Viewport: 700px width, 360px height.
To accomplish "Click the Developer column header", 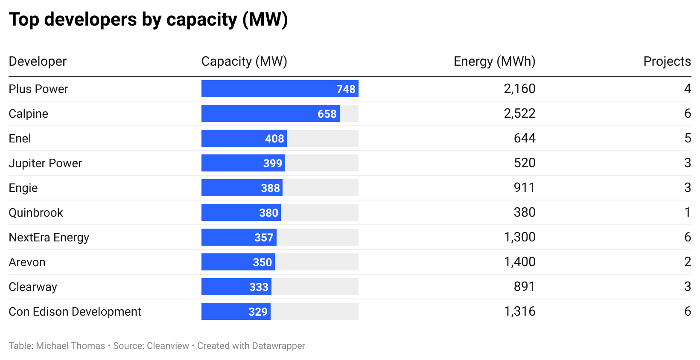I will (38, 61).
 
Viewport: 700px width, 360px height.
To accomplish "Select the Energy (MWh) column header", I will (494, 61).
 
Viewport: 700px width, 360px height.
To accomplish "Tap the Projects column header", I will (667, 61).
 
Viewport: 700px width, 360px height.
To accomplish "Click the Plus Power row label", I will (38, 89).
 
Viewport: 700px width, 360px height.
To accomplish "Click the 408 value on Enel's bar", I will (274, 139).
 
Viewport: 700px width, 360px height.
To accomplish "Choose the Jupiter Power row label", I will (45, 163).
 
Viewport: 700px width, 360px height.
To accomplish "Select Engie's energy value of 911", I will (524, 188).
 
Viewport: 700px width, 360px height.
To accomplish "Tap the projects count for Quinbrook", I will (687, 212).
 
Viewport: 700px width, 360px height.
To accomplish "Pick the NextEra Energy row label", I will (49, 237).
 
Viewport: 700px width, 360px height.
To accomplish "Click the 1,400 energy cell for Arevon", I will (519, 262).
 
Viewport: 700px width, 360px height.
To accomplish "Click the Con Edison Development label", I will (75, 311).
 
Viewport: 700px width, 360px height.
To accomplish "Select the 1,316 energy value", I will (519, 311).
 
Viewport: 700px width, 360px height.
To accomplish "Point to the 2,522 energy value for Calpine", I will (519, 113).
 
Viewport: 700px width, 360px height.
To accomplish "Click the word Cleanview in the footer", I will (168, 346).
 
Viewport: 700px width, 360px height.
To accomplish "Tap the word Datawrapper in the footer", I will (278, 346).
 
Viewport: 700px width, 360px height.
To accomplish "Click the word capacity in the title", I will (201, 20).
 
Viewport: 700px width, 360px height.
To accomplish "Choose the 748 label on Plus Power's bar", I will (346, 89).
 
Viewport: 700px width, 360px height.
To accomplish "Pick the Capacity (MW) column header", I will (244, 61).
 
